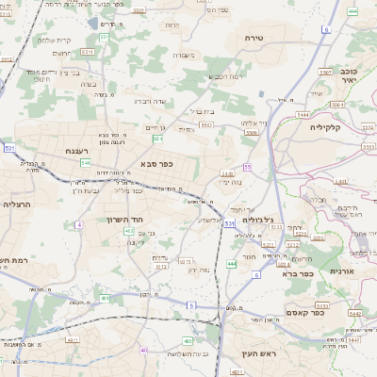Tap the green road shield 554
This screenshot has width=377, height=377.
pos(157,139)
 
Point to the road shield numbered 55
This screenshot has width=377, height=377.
pos(247,166)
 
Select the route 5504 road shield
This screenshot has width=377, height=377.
pos(252,134)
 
